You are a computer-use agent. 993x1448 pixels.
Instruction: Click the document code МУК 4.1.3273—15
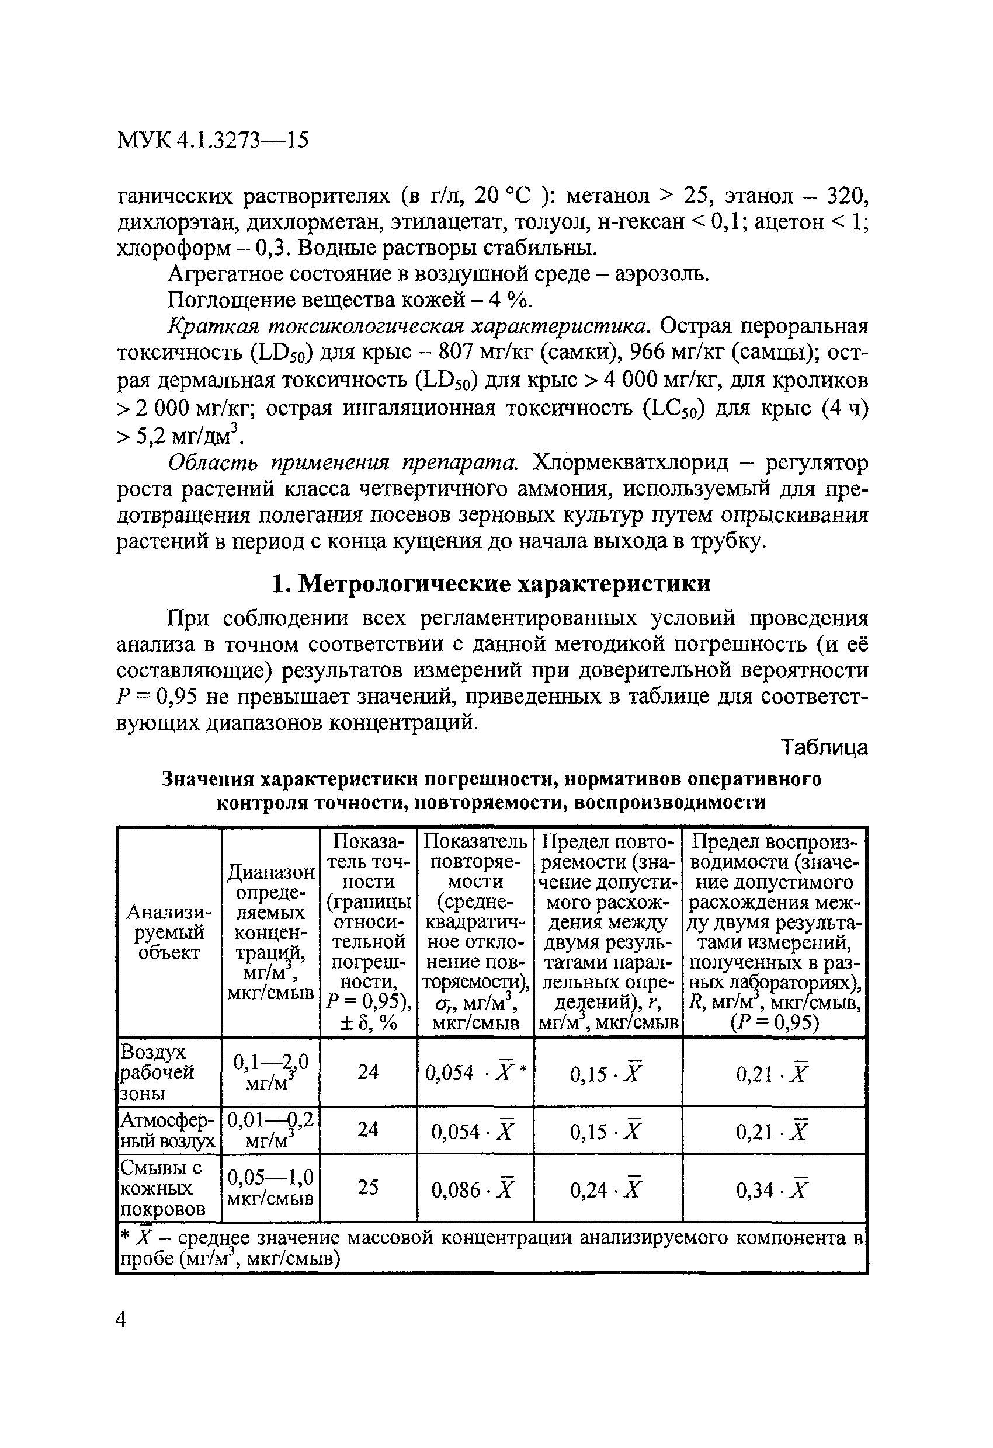point(213,140)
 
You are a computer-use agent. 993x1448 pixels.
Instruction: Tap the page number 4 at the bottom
point(121,1319)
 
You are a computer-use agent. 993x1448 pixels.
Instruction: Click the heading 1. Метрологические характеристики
point(492,584)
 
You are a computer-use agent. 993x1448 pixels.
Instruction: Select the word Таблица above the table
point(824,747)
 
